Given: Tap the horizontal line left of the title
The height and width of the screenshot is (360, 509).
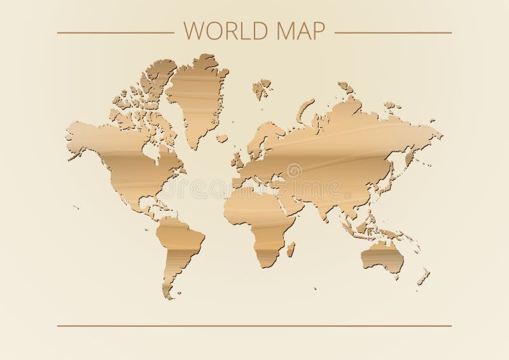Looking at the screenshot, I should point(115,32).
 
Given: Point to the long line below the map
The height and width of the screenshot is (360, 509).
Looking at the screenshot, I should point(254,326).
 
